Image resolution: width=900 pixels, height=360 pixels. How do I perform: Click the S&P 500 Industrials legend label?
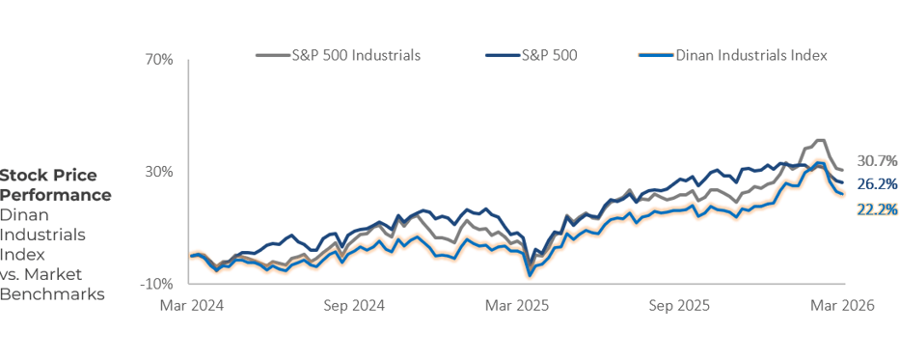click(x=356, y=55)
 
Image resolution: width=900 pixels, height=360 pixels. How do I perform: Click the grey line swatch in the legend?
click(x=273, y=55)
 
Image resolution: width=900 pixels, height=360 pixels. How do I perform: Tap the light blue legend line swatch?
click(x=656, y=55)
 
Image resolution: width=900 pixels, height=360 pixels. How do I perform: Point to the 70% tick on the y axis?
click(x=159, y=60)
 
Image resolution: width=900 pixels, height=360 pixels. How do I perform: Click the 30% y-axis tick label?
click(x=159, y=172)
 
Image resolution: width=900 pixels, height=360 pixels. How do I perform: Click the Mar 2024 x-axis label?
click(x=191, y=305)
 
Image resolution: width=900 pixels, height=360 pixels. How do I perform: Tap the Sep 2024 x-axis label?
click(x=354, y=305)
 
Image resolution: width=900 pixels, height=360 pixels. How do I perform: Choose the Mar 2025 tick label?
click(x=517, y=305)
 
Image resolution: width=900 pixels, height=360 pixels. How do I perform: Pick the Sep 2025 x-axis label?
click(x=680, y=305)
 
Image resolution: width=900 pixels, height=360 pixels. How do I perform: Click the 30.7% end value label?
click(x=877, y=160)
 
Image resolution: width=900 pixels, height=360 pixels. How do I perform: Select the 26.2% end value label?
click(x=877, y=184)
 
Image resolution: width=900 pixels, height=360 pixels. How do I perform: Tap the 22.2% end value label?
click(x=877, y=209)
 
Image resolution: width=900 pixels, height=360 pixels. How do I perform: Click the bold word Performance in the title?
click(x=55, y=195)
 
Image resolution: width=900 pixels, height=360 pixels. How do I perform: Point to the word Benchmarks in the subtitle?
click(x=52, y=294)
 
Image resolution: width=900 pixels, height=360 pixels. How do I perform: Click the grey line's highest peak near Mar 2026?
click(x=821, y=140)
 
